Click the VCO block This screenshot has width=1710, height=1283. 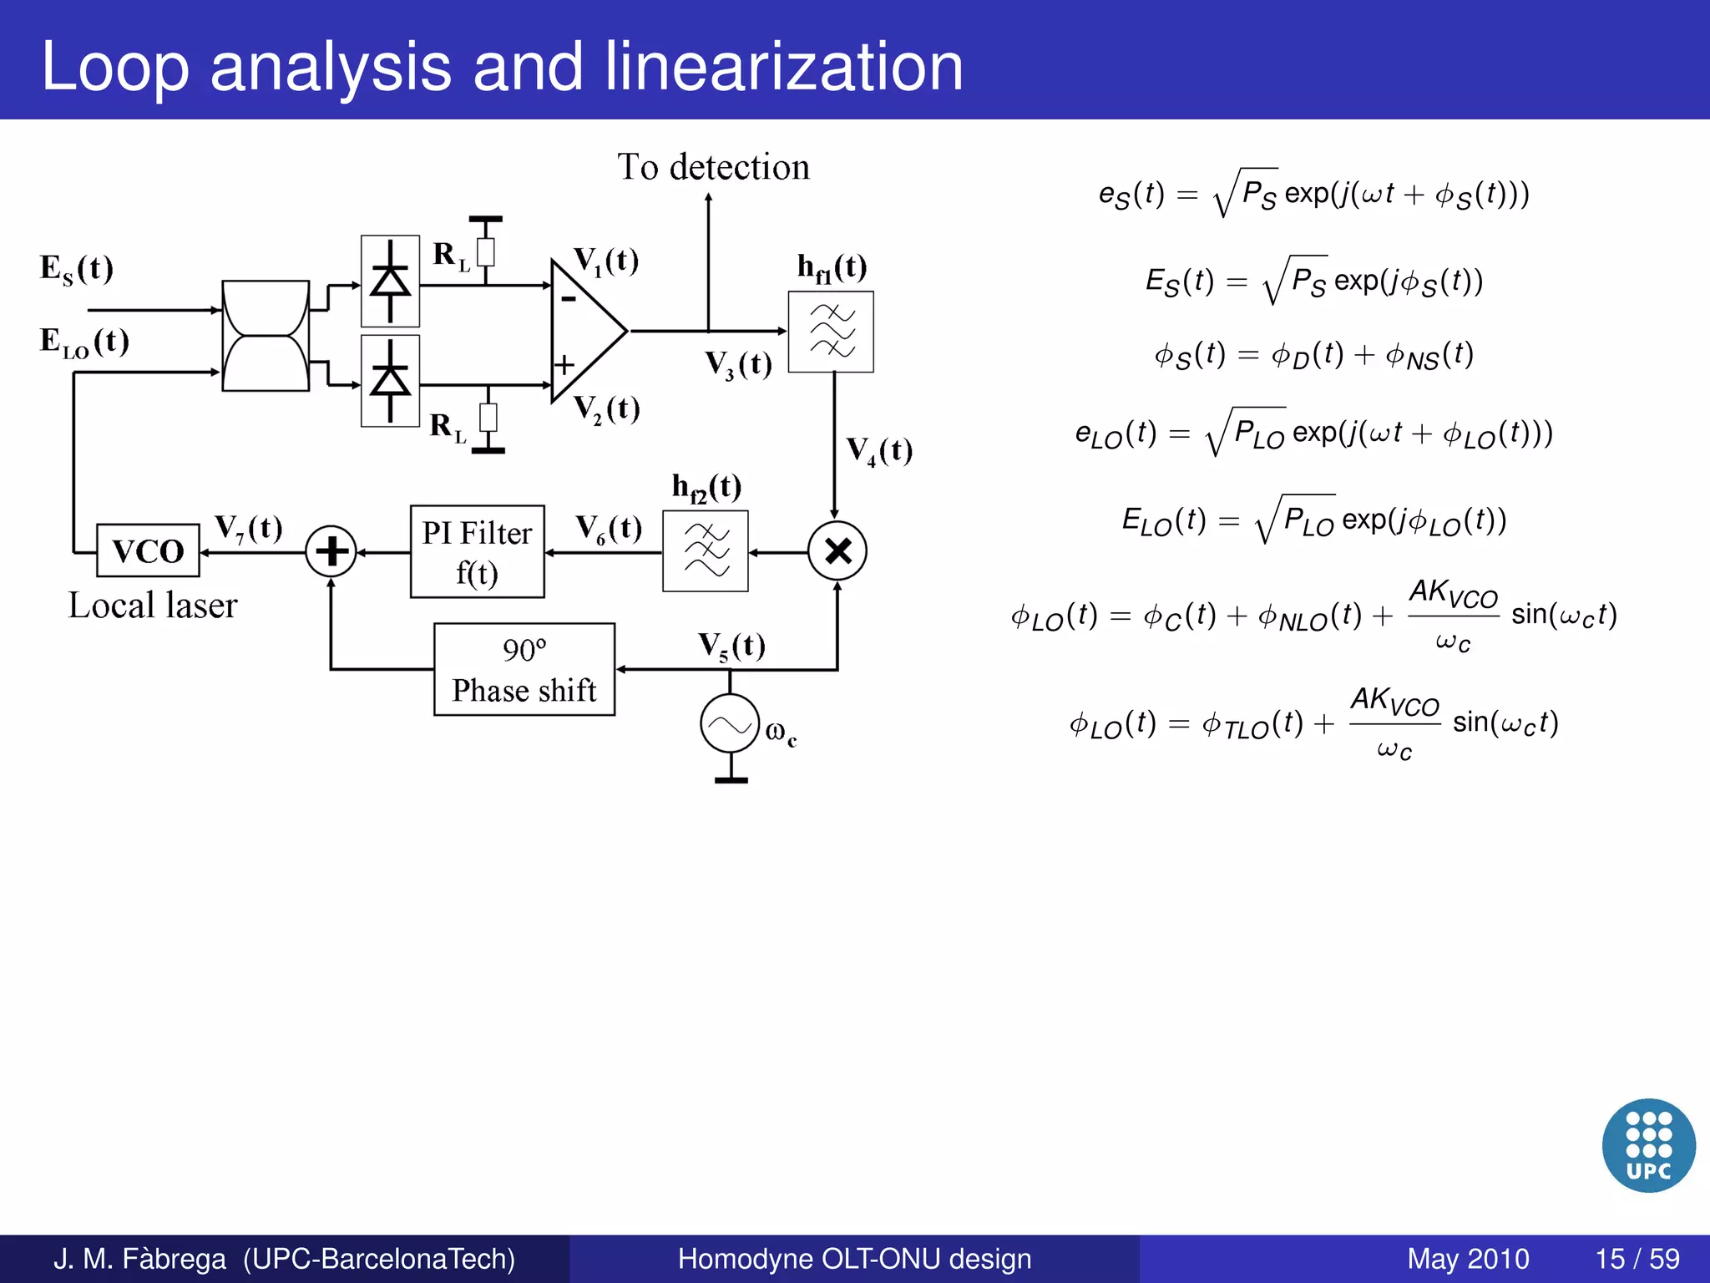(x=148, y=550)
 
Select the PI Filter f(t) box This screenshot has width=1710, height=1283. (x=477, y=551)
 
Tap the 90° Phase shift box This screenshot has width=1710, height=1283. (x=524, y=669)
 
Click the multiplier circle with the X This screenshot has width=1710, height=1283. (x=837, y=551)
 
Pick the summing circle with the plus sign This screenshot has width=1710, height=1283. (x=331, y=551)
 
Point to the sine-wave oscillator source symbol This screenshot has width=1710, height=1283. (x=730, y=724)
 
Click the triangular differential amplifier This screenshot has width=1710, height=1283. (x=584, y=331)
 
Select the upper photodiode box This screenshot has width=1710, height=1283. (x=390, y=281)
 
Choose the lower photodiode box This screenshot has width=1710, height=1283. (x=390, y=381)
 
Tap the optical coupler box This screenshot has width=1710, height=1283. (x=266, y=336)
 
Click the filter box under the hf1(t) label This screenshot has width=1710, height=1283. (x=831, y=332)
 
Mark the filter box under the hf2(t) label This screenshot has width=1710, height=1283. (x=706, y=551)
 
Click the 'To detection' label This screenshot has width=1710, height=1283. (x=713, y=167)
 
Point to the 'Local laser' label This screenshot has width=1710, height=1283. (x=153, y=606)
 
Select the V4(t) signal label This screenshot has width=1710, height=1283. (x=879, y=451)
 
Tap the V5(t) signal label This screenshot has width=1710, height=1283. (x=731, y=646)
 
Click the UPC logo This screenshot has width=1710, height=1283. (x=1648, y=1145)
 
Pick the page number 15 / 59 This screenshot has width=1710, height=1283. (x=1637, y=1259)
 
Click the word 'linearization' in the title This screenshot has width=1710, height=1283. (x=784, y=67)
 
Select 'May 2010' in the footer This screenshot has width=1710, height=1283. (x=1468, y=1259)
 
